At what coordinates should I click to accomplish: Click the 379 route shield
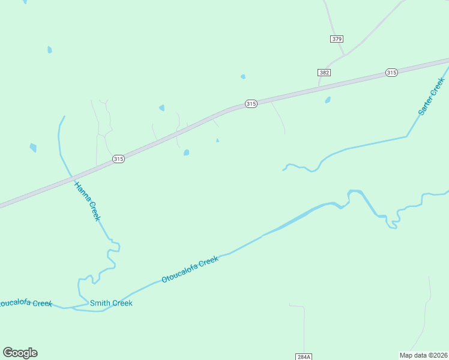[x=336, y=39]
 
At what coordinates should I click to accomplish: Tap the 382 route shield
[x=324, y=73]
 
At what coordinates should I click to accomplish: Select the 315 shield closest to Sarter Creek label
[x=391, y=73]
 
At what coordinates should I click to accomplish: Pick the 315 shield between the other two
[x=251, y=104]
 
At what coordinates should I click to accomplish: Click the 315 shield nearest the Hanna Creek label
[x=118, y=159]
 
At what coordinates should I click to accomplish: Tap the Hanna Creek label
[x=87, y=200]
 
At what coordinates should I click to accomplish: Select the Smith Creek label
[x=111, y=303]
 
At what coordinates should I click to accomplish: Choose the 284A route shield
[x=304, y=356]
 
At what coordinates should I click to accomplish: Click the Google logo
[x=20, y=353]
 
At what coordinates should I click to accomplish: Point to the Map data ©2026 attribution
[x=424, y=355]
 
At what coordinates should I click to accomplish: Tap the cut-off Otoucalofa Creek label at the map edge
[x=25, y=304]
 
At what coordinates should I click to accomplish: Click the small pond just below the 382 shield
[x=328, y=100]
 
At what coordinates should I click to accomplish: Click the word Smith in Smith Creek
[x=100, y=303]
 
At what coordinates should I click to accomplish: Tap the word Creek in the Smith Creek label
[x=122, y=303]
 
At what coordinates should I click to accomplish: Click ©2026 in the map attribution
[x=436, y=355]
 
